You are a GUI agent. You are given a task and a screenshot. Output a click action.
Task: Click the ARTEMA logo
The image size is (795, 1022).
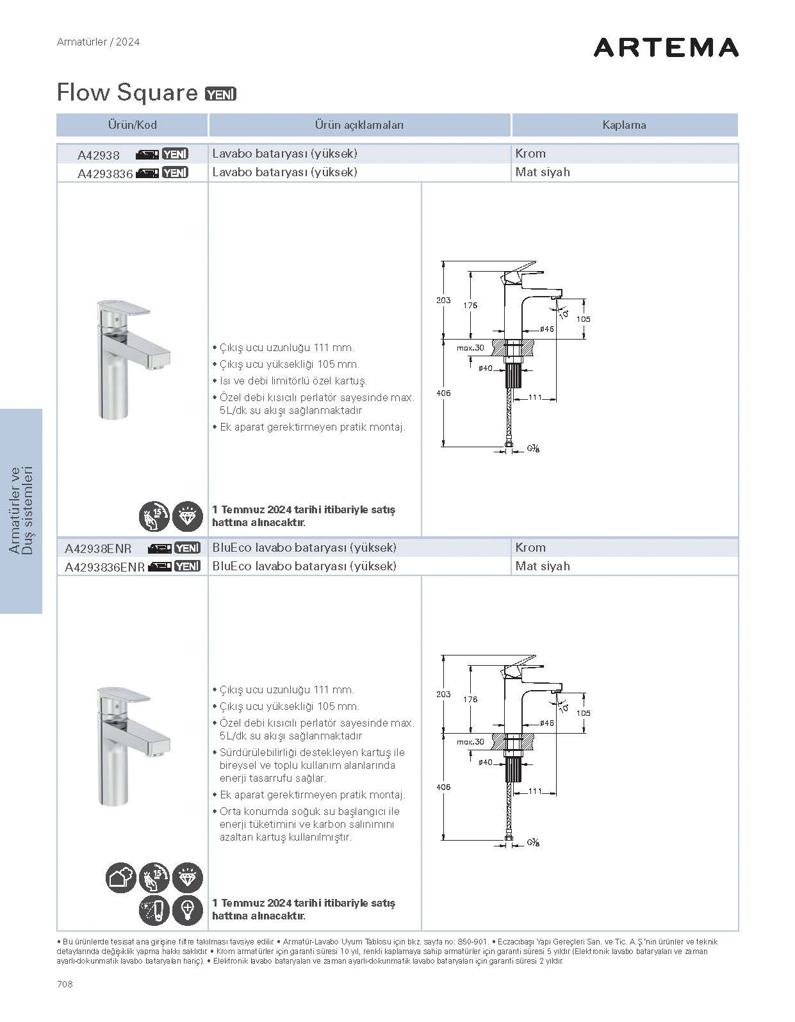tap(666, 47)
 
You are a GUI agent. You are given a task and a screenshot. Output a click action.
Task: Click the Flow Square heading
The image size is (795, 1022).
tap(127, 93)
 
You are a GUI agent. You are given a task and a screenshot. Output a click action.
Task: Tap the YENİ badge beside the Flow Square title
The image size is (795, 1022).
tap(220, 94)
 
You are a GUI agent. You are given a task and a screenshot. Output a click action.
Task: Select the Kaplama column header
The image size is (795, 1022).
tap(624, 125)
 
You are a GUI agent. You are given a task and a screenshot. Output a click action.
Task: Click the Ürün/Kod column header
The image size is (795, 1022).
tap(132, 125)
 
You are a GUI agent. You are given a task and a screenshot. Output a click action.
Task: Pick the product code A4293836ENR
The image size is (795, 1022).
tap(105, 567)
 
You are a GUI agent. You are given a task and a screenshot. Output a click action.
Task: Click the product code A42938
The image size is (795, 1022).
tap(99, 154)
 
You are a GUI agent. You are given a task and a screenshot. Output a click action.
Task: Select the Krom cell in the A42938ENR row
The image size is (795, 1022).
tap(530, 548)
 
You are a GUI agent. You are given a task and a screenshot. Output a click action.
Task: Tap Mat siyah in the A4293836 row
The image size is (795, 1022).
tap(542, 172)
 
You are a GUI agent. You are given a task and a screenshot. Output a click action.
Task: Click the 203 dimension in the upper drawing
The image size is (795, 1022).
tap(443, 300)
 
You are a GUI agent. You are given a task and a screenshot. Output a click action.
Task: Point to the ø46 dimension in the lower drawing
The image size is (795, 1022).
tap(546, 723)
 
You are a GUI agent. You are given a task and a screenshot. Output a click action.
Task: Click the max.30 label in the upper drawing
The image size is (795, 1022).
tap(470, 348)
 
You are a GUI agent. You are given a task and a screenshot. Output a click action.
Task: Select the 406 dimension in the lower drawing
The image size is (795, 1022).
tap(443, 787)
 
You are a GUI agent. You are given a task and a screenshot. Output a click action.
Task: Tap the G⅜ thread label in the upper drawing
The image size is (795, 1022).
tap(533, 449)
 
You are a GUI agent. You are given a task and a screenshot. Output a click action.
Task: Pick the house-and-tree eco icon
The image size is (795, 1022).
tap(120, 878)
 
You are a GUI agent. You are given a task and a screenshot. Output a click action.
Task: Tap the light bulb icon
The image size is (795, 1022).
tap(188, 910)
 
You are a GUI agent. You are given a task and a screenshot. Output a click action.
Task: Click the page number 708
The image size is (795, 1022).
tap(65, 984)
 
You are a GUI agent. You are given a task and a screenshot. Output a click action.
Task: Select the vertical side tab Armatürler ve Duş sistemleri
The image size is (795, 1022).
tap(21, 511)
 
